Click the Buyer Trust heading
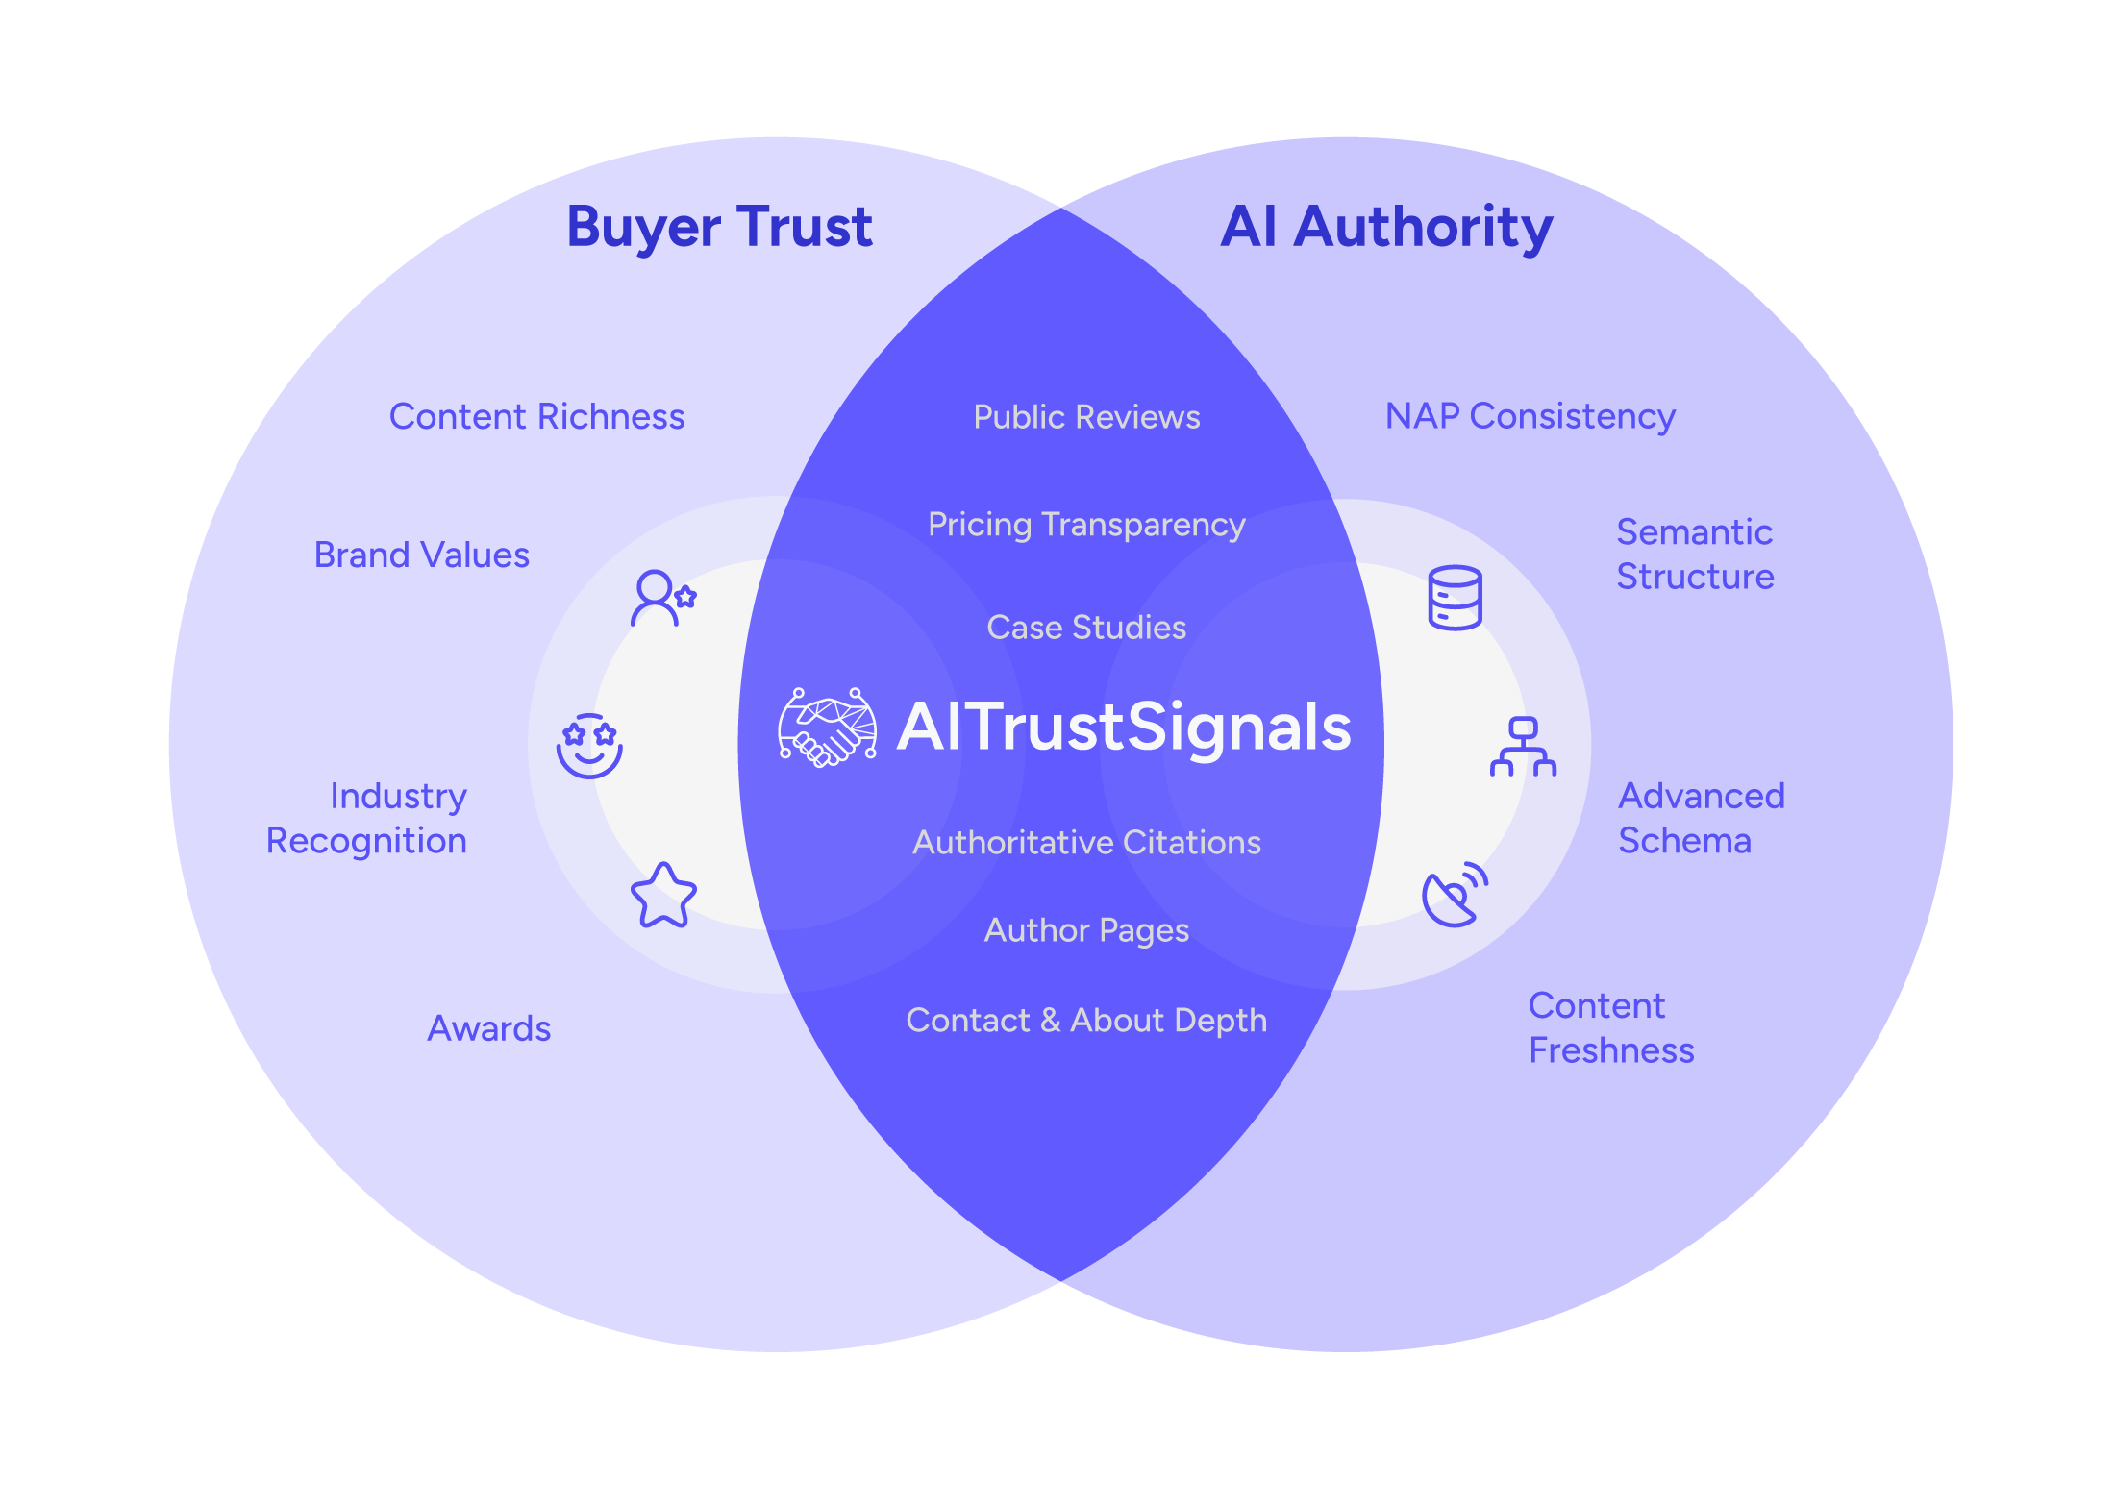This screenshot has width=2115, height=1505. pos(719,229)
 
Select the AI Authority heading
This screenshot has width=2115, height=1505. pos(1386,229)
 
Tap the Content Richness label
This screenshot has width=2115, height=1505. pos(536,417)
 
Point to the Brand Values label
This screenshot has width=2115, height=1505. pos(421,555)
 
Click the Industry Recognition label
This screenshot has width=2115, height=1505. pos(366,818)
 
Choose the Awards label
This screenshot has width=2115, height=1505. pos(488,1029)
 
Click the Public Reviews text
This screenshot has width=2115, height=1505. pos(1086,417)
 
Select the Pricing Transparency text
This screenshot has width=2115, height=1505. pos(1086,525)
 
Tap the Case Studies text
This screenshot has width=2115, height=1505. pos(1086,628)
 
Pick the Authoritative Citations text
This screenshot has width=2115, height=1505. pos(1086,843)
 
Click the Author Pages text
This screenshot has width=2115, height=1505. pos(1086,930)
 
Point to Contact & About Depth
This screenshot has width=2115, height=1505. pos(1086,1021)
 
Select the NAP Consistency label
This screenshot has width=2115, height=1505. pos(1530,417)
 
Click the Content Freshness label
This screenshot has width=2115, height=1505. pos(1611,1028)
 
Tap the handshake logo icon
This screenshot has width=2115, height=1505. pos(827,728)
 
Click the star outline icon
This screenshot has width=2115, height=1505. pos(663,896)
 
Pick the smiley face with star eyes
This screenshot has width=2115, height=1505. pos(589,746)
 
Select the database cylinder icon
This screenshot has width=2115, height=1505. pos(1455,598)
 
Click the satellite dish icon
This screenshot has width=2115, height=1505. pos(1455,895)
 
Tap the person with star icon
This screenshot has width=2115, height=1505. pos(663,598)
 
